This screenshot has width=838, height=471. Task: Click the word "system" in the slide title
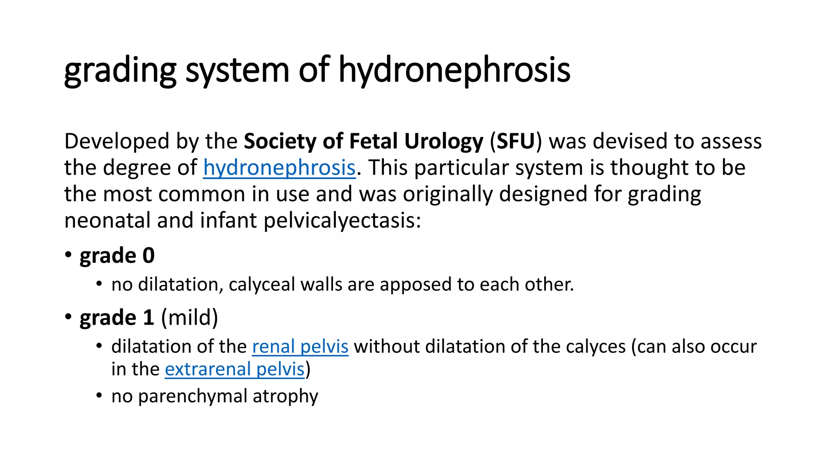[237, 70]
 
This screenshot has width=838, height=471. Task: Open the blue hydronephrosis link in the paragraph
[279, 168]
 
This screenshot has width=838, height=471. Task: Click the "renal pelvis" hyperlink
[300, 347]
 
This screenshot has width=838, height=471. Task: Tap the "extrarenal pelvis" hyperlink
[235, 369]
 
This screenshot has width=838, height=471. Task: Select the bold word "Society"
[280, 141]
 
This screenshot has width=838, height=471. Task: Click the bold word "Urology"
[444, 141]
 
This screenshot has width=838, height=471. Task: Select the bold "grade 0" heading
[117, 256]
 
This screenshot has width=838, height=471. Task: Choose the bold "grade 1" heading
[117, 318]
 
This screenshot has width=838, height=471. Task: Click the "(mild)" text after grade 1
[189, 318]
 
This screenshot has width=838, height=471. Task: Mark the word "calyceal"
[261, 285]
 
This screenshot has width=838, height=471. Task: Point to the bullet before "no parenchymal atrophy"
[99, 395]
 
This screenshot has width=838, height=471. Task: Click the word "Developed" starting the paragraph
[117, 141]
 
